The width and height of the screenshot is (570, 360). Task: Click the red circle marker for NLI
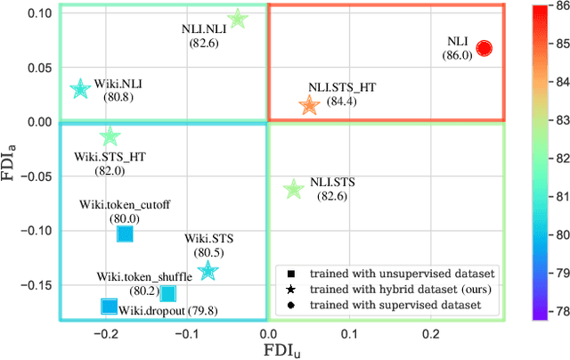(484, 48)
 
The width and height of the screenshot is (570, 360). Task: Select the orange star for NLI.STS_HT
(309, 105)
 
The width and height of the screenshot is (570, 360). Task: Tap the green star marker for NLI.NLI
(237, 19)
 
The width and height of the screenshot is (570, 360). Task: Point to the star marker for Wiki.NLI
(80, 88)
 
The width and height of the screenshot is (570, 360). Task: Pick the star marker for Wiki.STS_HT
(110, 136)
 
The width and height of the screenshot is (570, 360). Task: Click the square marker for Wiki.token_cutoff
(125, 233)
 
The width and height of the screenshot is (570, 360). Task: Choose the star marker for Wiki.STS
(208, 270)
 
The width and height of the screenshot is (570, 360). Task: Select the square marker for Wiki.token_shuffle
(167, 293)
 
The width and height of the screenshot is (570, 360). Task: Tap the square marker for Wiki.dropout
(109, 307)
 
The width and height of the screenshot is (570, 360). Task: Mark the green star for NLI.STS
(294, 189)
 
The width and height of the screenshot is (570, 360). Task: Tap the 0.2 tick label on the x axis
(431, 333)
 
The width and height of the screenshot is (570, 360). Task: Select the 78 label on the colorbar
(557, 313)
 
